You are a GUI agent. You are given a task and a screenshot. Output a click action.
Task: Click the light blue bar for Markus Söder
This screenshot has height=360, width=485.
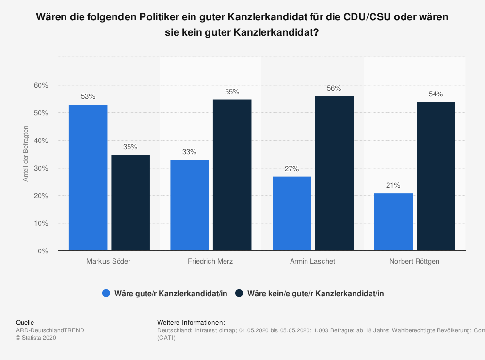(x=88, y=178)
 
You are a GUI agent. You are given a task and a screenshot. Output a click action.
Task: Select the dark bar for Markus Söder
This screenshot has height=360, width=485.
(x=130, y=203)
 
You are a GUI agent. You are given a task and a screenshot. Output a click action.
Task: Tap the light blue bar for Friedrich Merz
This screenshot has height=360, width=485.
(x=190, y=205)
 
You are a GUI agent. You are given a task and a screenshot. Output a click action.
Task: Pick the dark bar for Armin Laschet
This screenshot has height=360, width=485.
(x=334, y=173)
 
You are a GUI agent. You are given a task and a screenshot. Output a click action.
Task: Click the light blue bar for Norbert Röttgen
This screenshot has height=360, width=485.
(x=393, y=222)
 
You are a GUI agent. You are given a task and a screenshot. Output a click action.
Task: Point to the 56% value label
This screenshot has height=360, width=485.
(x=334, y=89)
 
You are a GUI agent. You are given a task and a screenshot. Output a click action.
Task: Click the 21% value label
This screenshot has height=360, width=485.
(x=393, y=185)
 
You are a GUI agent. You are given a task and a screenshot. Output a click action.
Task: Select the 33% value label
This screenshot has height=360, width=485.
(x=190, y=152)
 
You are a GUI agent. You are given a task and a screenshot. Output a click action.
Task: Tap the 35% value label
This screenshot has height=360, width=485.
(x=130, y=146)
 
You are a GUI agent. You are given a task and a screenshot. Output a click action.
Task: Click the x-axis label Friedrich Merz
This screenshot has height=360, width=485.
(x=210, y=261)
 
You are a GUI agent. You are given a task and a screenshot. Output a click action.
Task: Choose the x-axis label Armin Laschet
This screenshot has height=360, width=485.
(x=313, y=261)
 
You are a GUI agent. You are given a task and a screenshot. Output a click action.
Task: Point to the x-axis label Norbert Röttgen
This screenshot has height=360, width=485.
(x=415, y=261)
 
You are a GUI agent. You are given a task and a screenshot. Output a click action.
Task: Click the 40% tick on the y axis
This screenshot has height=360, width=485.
(x=41, y=141)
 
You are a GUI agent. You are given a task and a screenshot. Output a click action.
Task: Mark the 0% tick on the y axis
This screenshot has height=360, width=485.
(x=43, y=251)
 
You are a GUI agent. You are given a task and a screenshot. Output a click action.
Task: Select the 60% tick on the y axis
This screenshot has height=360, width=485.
(x=41, y=85)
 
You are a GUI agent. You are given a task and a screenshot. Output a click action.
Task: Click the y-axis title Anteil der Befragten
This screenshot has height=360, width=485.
(x=26, y=154)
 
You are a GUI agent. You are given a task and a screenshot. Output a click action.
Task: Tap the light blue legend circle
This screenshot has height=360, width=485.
(x=106, y=293)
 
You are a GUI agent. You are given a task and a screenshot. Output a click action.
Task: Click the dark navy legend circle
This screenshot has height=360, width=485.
(x=239, y=293)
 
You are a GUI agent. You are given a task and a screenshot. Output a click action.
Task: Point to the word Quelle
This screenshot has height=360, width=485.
(x=25, y=323)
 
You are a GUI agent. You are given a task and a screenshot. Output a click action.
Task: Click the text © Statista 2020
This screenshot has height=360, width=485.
(x=36, y=338)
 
